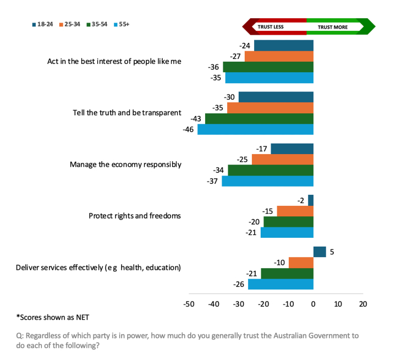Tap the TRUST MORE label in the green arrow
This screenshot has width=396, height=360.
click(x=332, y=26)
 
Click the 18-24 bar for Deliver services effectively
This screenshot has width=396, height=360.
click(x=320, y=252)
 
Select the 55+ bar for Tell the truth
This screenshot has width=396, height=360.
click(x=255, y=129)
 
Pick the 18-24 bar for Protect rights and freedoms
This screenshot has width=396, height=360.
click(x=311, y=200)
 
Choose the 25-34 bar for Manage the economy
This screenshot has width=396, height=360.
click(x=282, y=160)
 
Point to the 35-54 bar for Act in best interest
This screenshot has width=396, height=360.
click(x=268, y=67)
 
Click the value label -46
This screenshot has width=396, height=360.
click(x=188, y=129)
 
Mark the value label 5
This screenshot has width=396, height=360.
click(x=332, y=252)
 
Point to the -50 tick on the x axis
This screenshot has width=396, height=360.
click(x=189, y=303)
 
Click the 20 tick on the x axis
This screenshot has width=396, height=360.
click(x=363, y=303)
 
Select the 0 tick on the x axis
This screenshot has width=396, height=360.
click(x=313, y=303)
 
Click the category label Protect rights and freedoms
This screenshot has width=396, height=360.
click(x=135, y=216)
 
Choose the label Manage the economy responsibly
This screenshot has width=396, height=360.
click(x=125, y=164)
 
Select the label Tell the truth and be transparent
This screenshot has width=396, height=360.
click(x=127, y=113)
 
